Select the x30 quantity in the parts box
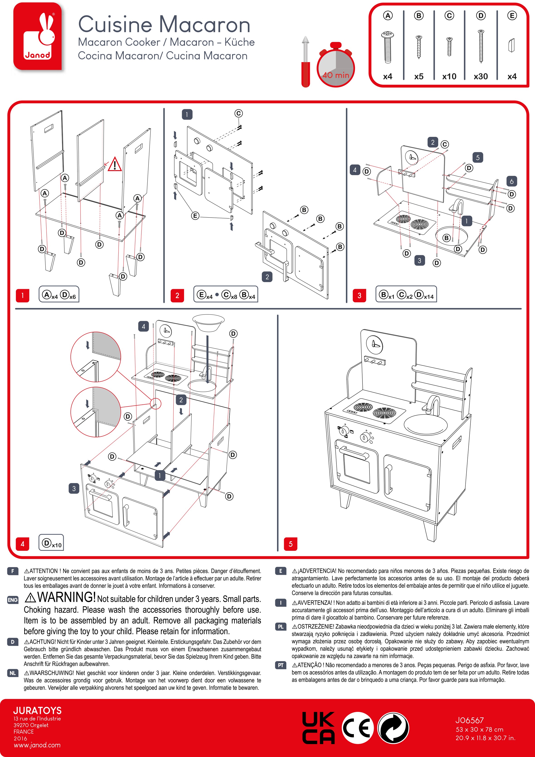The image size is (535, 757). click(x=481, y=77)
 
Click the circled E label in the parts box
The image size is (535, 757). click(x=512, y=15)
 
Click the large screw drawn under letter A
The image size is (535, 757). click(x=388, y=47)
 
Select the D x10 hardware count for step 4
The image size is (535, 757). click(x=51, y=543)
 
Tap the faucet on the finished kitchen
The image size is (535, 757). click(x=432, y=405)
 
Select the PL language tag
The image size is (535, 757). click(x=281, y=626)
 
